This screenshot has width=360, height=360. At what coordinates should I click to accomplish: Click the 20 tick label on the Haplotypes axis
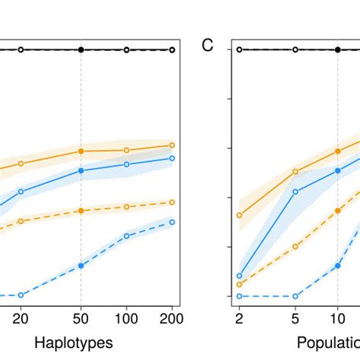[21, 318]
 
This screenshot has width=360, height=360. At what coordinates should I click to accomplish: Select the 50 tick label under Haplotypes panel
[81, 318]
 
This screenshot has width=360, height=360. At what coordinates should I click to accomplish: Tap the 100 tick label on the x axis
[126, 318]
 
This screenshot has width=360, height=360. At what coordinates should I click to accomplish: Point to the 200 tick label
[172, 318]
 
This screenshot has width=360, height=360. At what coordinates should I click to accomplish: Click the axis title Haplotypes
[77, 343]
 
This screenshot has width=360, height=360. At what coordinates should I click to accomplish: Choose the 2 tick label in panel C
[239, 318]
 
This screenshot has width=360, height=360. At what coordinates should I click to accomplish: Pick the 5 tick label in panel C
[295, 318]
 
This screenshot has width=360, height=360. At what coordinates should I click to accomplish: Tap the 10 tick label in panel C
[338, 318]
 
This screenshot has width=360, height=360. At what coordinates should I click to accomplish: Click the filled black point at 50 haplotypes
[81, 49]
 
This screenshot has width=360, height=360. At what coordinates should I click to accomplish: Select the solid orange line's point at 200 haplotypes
[172, 145]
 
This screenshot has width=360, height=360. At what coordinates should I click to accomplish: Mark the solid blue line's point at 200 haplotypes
[172, 158]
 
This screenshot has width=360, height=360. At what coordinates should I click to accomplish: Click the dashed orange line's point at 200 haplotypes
[172, 202]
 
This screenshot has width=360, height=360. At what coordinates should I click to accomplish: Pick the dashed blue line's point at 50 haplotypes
[81, 265]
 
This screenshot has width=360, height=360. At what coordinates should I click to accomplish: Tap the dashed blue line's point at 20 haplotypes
[21, 295]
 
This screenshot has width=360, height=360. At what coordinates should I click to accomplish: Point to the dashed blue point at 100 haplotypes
[126, 235]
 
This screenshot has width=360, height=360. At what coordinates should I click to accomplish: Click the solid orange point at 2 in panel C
[239, 215]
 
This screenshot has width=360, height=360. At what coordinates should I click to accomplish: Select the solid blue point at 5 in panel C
[295, 191]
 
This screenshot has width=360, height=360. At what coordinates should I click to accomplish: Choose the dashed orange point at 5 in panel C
[295, 245]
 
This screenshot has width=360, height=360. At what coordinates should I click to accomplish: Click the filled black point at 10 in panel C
[338, 49]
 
